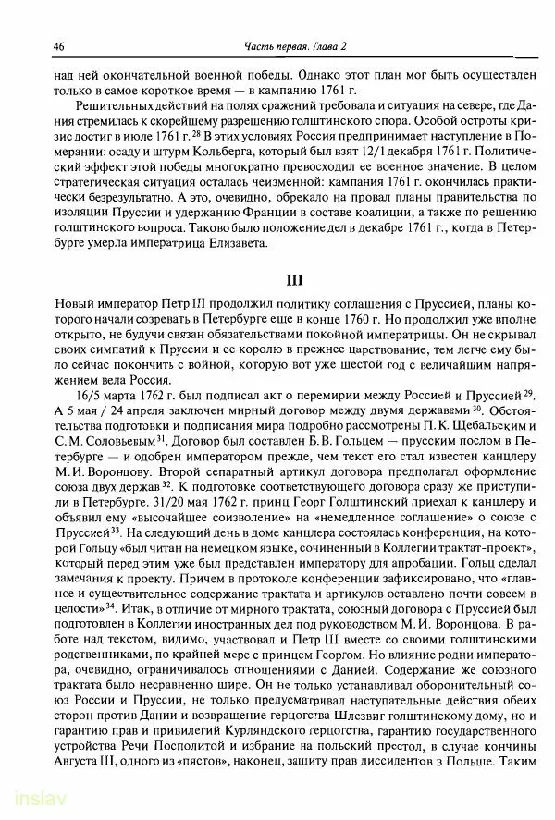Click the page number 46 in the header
pos(59,46)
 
